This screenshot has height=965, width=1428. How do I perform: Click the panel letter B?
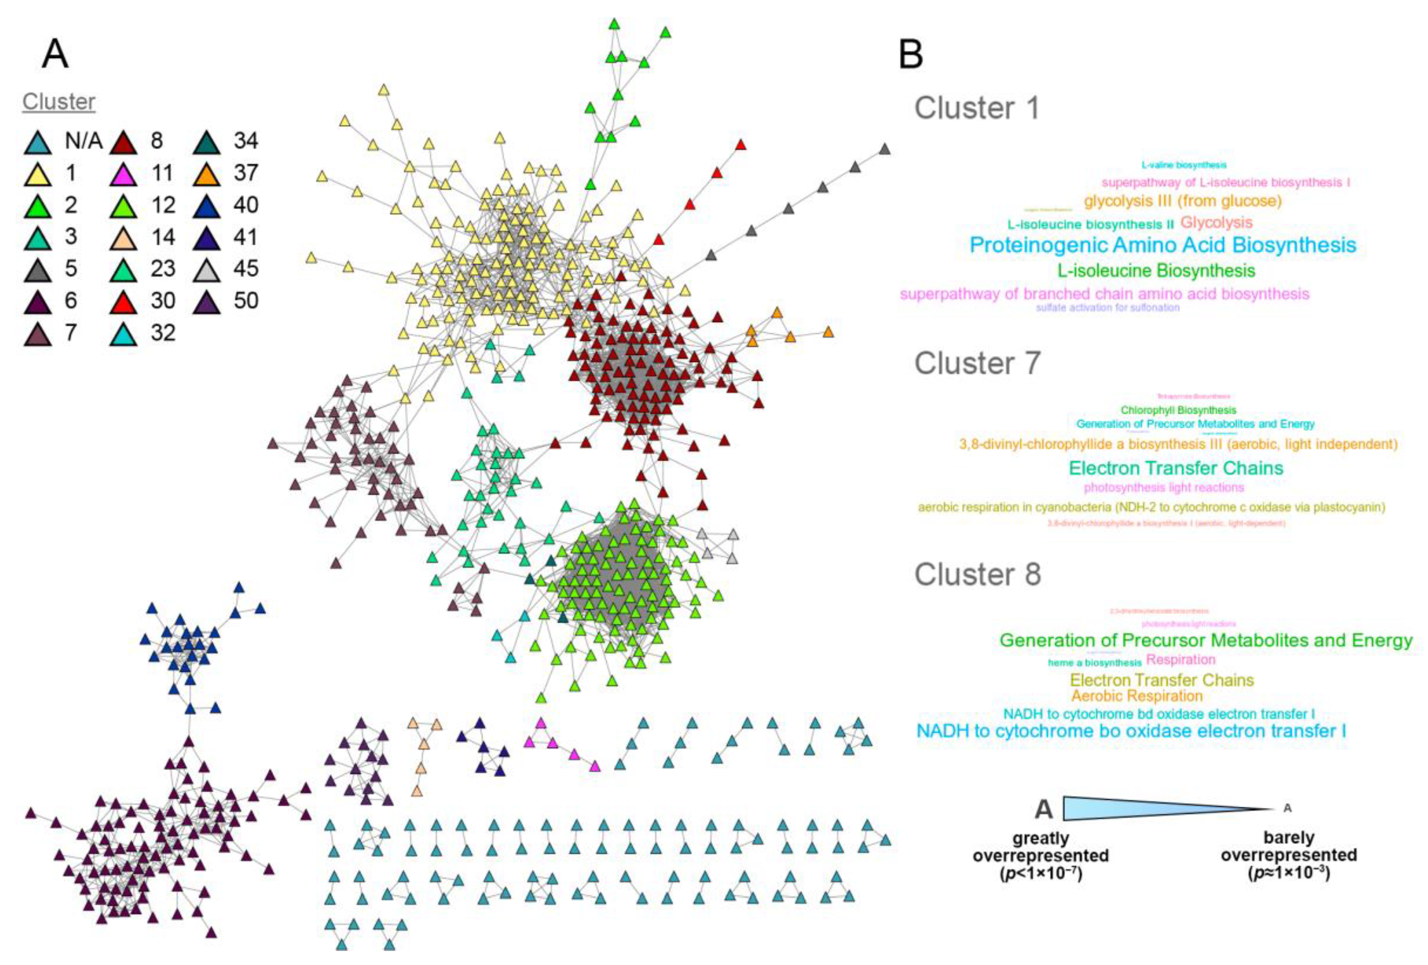click(x=910, y=54)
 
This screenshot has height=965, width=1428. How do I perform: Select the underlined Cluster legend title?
click(x=59, y=101)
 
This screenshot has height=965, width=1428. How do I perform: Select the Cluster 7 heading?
click(x=977, y=363)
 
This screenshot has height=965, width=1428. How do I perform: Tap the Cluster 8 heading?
click(x=977, y=575)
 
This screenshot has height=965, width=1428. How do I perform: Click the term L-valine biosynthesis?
click(x=1183, y=165)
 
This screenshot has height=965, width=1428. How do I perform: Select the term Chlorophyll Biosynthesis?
click(x=1178, y=410)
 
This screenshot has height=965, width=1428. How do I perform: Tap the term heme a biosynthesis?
click(x=1094, y=662)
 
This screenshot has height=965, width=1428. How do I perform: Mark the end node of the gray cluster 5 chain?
click(x=884, y=149)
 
